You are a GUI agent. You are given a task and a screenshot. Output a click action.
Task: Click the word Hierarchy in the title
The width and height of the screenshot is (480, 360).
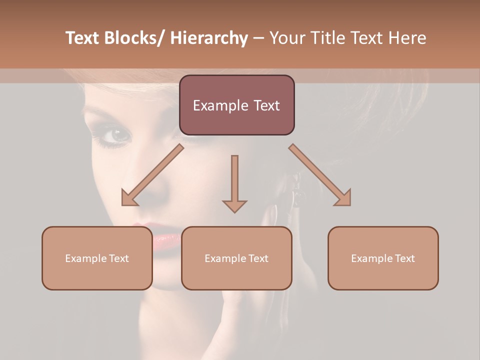point(209,38)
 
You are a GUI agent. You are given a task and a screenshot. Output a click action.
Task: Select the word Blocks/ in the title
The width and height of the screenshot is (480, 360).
point(134,38)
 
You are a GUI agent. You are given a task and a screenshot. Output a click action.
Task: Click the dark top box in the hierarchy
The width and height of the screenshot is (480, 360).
point(236,105)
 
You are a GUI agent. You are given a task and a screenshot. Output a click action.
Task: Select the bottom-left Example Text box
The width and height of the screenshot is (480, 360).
point(97,258)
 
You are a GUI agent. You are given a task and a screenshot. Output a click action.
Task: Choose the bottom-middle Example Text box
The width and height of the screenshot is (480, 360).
point(236,258)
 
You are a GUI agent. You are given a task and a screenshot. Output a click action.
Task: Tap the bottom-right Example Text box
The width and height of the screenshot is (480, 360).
point(383,258)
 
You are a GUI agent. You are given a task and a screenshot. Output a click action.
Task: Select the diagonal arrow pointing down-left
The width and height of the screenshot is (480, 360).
point(152,175)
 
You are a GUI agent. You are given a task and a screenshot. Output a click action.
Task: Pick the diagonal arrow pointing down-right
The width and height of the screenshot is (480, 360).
point(320,175)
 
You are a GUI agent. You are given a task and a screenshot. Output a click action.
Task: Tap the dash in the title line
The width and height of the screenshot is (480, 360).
point(258,39)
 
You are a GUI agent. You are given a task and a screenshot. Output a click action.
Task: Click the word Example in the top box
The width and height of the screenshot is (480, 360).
point(220,105)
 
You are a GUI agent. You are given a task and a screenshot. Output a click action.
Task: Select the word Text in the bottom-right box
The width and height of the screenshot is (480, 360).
point(404,258)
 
